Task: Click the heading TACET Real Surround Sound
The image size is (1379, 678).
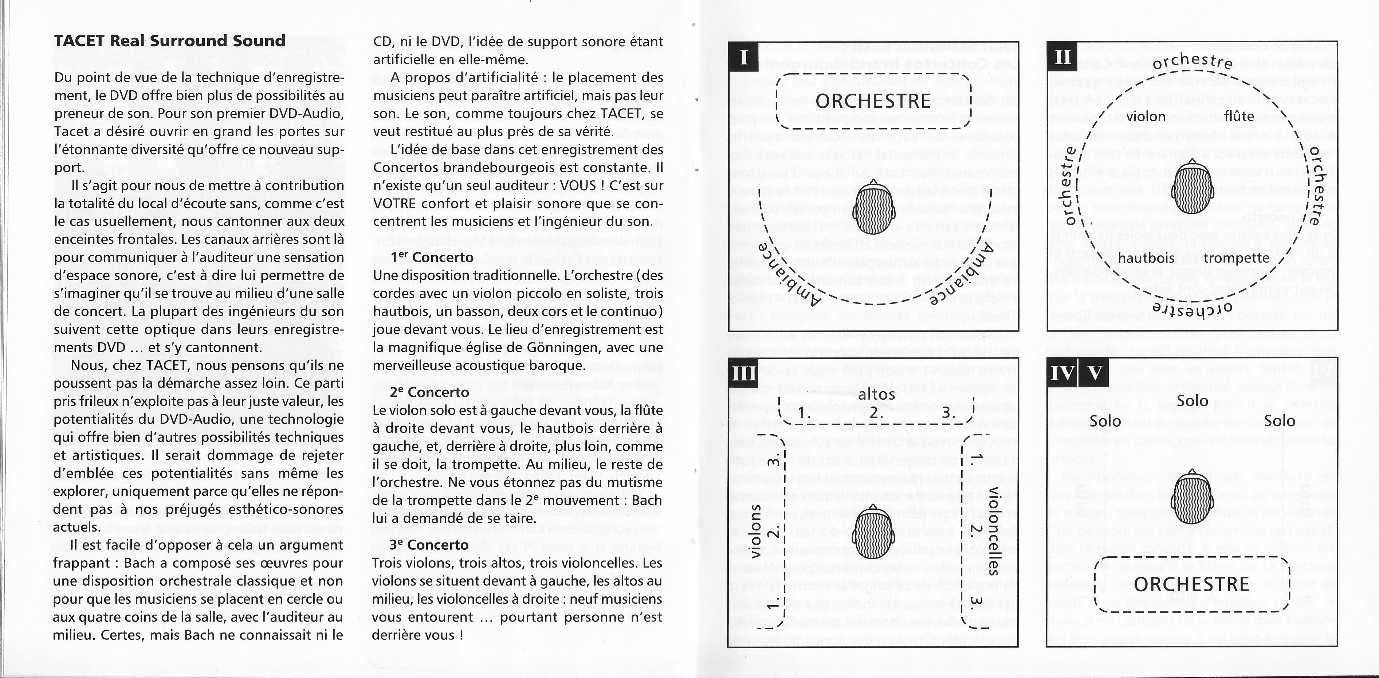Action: click(x=170, y=41)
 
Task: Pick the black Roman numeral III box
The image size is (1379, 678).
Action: click(x=743, y=372)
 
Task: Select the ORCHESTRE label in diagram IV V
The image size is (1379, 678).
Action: click(x=1191, y=584)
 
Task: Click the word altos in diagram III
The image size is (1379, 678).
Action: click(x=876, y=395)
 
